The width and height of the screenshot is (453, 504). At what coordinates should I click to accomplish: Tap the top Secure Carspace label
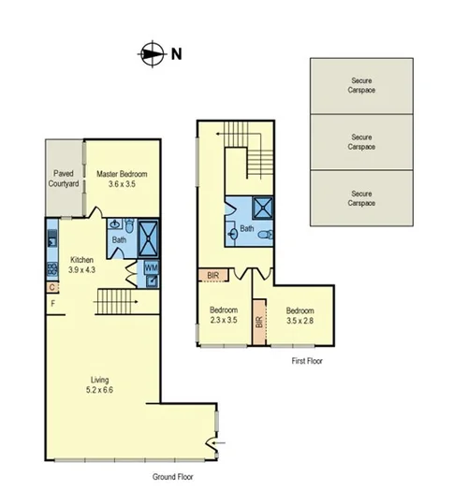point(361,85)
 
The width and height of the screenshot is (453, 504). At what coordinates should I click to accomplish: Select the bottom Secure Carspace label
point(361,197)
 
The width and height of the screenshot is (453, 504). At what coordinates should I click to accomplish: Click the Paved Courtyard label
point(64,179)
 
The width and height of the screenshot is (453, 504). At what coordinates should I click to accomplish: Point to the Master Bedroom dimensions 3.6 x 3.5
point(122,185)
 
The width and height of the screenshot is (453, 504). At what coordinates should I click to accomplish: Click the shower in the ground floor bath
point(150,238)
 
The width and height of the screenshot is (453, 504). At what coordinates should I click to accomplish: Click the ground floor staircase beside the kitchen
point(116,302)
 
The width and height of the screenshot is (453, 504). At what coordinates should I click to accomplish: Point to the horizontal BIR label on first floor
point(212,275)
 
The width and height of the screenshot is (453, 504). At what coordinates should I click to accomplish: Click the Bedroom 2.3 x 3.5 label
point(224,315)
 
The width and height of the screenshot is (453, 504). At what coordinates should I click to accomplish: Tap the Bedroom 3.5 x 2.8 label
point(300,315)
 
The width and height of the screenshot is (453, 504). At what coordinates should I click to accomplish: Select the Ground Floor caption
point(173,476)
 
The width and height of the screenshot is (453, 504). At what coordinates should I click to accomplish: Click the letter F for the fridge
point(53,304)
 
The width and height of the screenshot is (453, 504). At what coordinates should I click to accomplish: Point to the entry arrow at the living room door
point(218,444)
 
